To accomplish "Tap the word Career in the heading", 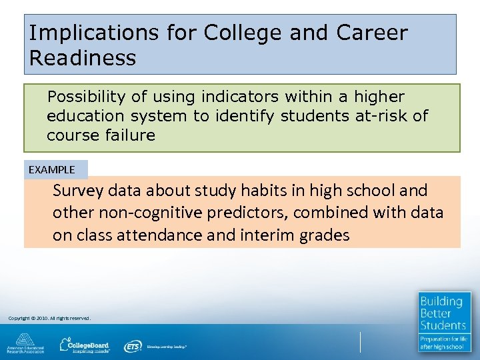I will click(x=372, y=33).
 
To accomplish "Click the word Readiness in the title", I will click(x=82, y=58).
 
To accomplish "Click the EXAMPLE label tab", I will click(x=52, y=169).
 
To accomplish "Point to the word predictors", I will click(x=255, y=213).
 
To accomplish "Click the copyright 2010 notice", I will click(x=49, y=318).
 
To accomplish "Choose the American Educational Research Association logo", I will click(x=25, y=343).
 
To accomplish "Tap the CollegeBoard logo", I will click(x=85, y=345).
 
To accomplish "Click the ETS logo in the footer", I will click(x=133, y=346).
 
